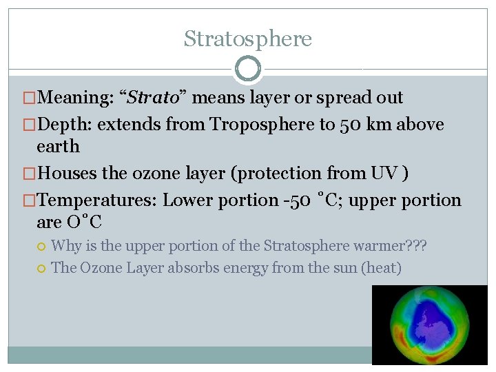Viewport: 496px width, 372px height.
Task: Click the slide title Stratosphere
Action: [x=247, y=39]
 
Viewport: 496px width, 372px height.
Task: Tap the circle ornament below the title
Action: [x=247, y=68]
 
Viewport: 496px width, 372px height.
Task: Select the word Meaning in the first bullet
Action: [x=76, y=98]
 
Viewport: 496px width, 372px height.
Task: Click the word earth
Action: [x=58, y=147]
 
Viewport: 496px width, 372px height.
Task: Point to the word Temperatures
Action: [x=97, y=200]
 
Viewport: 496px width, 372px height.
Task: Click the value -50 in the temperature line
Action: [x=302, y=200]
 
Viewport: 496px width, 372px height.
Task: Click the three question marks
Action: [x=417, y=245]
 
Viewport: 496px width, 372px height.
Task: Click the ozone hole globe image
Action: [x=429, y=324]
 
